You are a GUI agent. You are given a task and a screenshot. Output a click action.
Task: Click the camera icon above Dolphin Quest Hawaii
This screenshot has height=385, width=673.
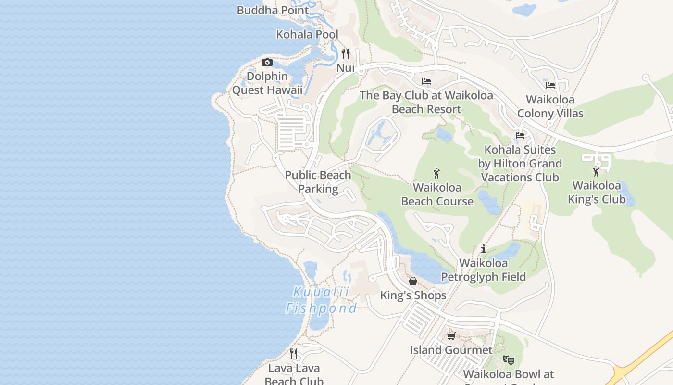point(267,63)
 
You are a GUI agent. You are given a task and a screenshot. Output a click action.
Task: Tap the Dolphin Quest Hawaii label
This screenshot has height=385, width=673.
point(267,83)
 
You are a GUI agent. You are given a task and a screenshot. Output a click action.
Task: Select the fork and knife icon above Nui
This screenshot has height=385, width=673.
point(345,53)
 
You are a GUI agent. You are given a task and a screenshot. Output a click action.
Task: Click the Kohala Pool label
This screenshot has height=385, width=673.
point(307,35)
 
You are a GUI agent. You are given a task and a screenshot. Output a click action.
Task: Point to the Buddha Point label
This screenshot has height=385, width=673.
point(273,10)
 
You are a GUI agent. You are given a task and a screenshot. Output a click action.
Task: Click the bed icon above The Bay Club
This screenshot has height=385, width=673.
point(426,81)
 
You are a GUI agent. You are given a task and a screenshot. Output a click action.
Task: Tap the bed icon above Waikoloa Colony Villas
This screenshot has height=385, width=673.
point(550,85)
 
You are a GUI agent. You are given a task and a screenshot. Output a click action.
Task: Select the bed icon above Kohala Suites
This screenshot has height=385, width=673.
point(520,136)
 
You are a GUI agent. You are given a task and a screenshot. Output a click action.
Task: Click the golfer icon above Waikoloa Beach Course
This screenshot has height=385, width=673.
point(436,173)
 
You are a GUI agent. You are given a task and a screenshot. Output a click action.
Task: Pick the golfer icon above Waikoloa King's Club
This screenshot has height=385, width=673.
point(596,171)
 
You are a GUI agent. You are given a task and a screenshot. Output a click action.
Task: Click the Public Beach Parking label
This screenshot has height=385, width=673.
point(318,182)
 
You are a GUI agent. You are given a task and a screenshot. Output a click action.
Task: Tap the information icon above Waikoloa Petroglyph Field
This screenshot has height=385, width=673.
point(484,249)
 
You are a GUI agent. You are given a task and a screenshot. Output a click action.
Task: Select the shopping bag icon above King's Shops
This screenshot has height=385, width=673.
point(413,281)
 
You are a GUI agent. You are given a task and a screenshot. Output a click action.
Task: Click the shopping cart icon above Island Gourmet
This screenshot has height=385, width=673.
point(451,336)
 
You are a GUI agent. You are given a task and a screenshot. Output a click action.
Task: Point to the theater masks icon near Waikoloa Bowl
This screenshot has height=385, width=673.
point(508,359)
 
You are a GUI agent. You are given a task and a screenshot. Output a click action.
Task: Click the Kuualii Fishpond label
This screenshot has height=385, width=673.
point(321,300)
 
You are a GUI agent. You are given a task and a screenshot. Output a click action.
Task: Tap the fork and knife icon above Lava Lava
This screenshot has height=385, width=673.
point(294,354)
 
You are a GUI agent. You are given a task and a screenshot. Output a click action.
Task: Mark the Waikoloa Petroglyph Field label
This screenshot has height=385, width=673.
point(484,270)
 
